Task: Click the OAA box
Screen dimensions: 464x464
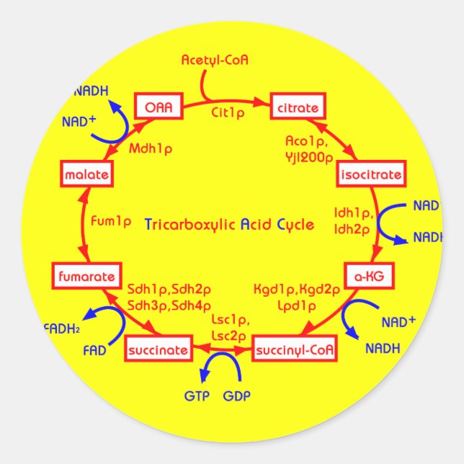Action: coord(158,107)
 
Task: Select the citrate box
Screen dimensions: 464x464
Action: coord(297,108)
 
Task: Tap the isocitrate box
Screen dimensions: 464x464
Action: coord(371,174)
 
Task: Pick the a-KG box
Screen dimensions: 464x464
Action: coord(372,277)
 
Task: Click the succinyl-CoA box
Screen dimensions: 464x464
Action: coord(294,351)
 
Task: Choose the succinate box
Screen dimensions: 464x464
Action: coord(159,351)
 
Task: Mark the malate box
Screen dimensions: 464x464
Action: coord(86,174)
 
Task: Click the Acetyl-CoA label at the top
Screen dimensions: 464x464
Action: coord(215,60)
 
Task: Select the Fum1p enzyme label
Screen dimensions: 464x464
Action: coord(112,221)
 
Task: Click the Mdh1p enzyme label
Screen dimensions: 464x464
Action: coord(151,149)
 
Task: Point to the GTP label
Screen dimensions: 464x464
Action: coord(197,396)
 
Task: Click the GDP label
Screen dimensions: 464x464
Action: coord(237,396)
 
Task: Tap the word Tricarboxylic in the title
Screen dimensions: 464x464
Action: coord(190,224)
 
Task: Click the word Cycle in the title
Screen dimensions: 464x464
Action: coord(295,224)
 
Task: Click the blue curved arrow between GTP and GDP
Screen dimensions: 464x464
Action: coord(220,364)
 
